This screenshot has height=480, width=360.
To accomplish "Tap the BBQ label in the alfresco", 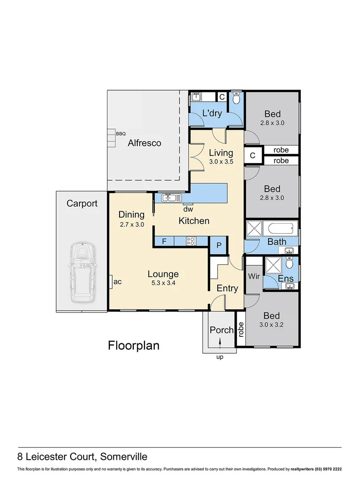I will point(120,133).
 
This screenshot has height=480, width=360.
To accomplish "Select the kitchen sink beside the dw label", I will point(172,197).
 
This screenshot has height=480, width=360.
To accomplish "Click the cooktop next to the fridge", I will point(191,241).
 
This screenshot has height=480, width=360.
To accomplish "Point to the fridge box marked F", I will point(164,241).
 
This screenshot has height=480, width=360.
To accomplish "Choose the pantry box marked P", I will point(218,246).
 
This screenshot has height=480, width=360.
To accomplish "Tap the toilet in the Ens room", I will point(290,264).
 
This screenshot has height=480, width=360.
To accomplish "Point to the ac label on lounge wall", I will point(117,281).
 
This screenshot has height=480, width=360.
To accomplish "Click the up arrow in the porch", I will point(220,341).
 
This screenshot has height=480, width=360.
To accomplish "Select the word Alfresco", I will point(144,143).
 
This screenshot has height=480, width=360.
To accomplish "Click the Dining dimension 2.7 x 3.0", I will point(132,224).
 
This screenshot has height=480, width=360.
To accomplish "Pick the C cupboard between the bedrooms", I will point(252,156).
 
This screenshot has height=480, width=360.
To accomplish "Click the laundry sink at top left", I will point(196,97).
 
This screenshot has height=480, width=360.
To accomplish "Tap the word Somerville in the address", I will point(124,456).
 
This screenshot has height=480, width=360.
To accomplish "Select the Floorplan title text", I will point(134,345).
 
